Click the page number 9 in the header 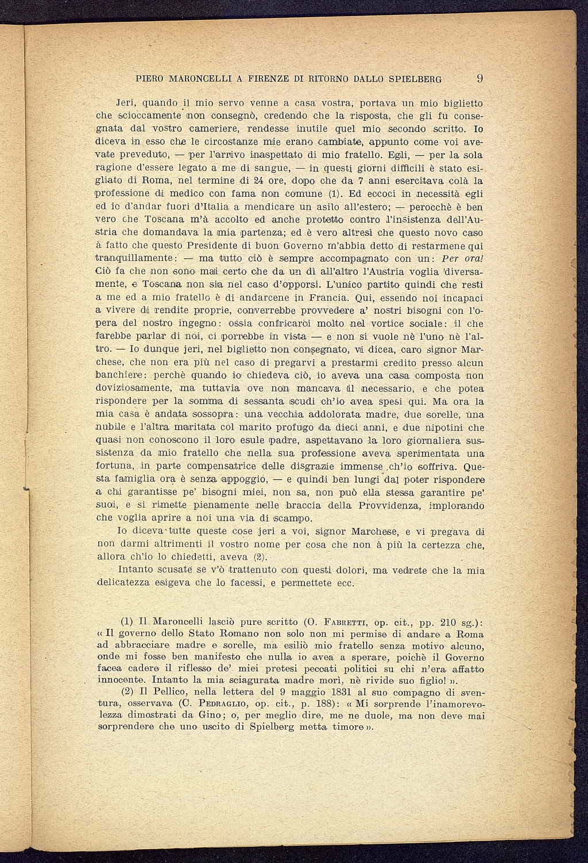(481, 79)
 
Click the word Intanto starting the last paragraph (136, 570)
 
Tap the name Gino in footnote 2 (213, 716)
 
